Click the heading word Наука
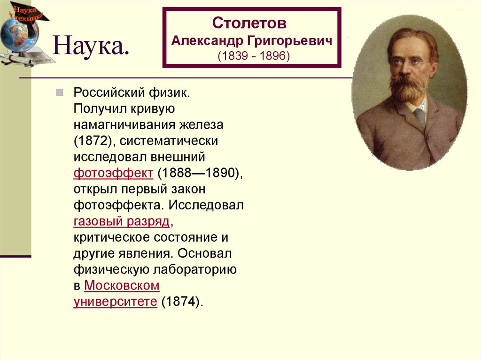coord(91,47)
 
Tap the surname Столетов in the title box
coord(248,23)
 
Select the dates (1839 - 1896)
coord(254,56)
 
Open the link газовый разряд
coord(121,221)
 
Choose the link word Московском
coord(122,285)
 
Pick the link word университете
coord(115,301)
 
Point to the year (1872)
coord(91,141)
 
